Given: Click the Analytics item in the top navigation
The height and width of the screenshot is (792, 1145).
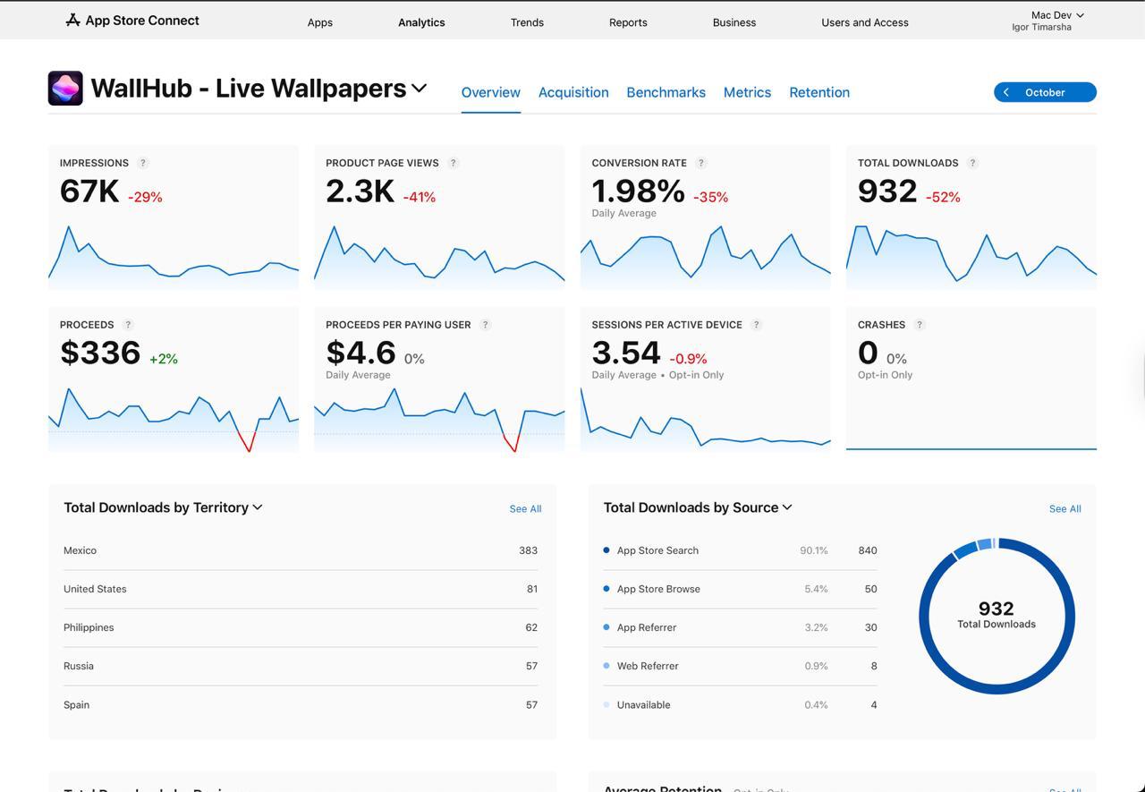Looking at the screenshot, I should coord(421,22).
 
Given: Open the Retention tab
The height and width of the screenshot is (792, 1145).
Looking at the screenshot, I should coord(818,92).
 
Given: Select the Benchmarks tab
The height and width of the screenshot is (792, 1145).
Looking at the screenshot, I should coord(666,92).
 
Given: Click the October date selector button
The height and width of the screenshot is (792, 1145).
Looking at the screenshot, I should coord(1044,92).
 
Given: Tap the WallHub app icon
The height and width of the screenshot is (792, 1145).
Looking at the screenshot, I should coord(65,89).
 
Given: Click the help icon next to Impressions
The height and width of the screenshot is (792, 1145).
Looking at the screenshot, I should coord(143,163).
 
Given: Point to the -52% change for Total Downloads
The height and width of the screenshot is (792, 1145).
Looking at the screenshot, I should coord(943,197).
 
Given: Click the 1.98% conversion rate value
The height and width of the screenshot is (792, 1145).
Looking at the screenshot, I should coord(638,191).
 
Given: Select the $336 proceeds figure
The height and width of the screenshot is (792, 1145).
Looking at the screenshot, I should coord(100,353).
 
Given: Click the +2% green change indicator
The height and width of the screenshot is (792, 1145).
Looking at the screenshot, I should coord(164,359).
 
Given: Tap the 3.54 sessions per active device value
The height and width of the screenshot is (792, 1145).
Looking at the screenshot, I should coord(626,353).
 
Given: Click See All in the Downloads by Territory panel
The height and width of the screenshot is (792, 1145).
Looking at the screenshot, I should coord(525,508).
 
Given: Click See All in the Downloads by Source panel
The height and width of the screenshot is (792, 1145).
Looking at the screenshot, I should coord(1064,508).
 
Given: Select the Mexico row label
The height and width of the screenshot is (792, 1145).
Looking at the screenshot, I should coord(81,550).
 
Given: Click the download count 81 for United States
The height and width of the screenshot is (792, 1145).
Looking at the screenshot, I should coord(531,589).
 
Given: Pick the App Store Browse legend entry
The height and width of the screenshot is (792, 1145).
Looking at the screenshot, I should coord(658,589).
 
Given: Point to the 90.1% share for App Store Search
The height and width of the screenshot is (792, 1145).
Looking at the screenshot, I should coord(813,550).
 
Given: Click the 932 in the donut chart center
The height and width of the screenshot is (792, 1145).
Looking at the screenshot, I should coord(996,609).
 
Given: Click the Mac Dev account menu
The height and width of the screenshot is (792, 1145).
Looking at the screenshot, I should coord(1056,15).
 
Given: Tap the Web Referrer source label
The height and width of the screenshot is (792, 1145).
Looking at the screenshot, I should coord(648,666).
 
